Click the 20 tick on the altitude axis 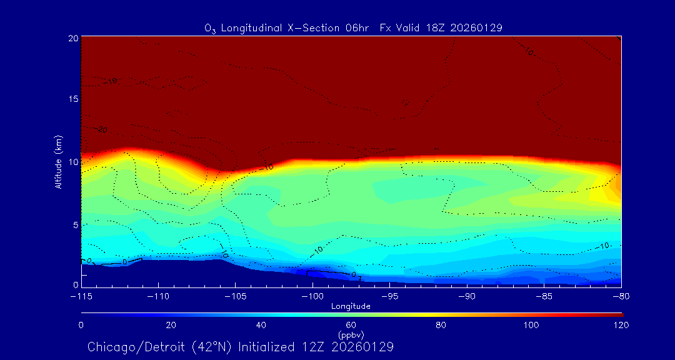click(x=73, y=38)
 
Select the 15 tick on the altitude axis click(x=73, y=99)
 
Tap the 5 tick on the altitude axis click(x=75, y=224)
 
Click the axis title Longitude click(x=351, y=306)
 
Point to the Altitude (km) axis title click(x=58, y=161)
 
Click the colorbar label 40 click(x=261, y=325)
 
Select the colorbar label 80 click(x=441, y=325)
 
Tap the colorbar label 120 click(x=621, y=325)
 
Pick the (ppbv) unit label click(x=351, y=335)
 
